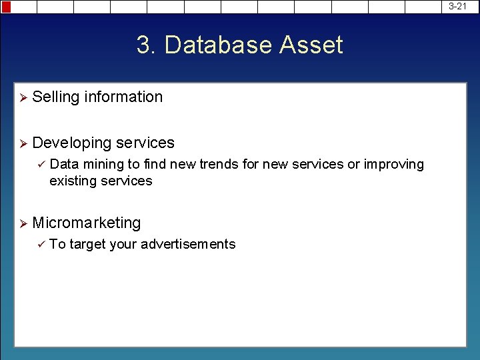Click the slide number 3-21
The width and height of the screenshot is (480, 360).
tap(458, 6)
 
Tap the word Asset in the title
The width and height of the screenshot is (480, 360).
tap(311, 45)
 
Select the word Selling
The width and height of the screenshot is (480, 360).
tap(55, 97)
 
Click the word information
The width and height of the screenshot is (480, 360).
tap(123, 97)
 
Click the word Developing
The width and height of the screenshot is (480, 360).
tap(71, 143)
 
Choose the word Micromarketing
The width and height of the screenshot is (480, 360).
tap(86, 223)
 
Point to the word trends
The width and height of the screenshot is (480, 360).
tap(218, 164)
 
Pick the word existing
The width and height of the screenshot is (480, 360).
tap(71, 181)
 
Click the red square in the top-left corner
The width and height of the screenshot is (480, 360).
tap(5, 7)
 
